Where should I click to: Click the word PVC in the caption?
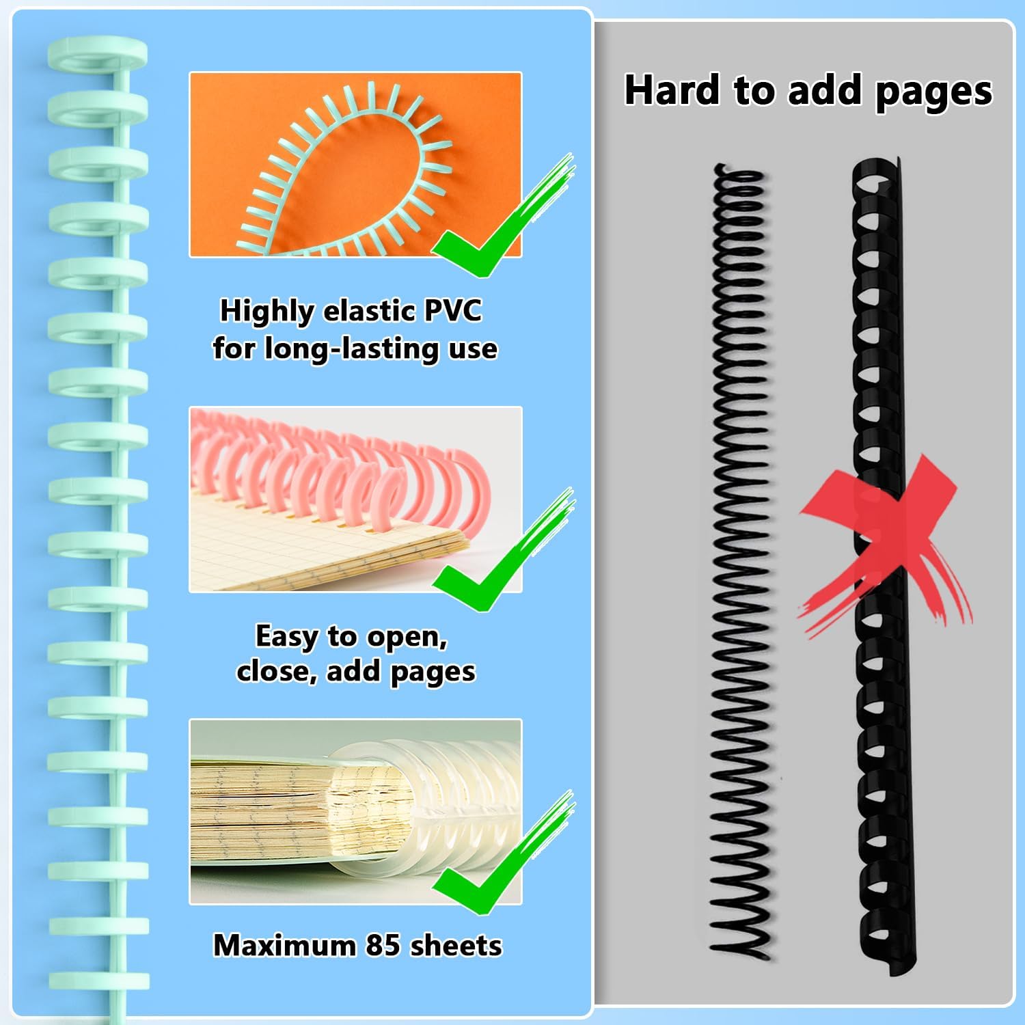coord(452,311)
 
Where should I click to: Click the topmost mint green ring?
coord(98,52)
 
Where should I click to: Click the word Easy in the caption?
coord(286,636)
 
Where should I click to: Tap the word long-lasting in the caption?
coord(353,348)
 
